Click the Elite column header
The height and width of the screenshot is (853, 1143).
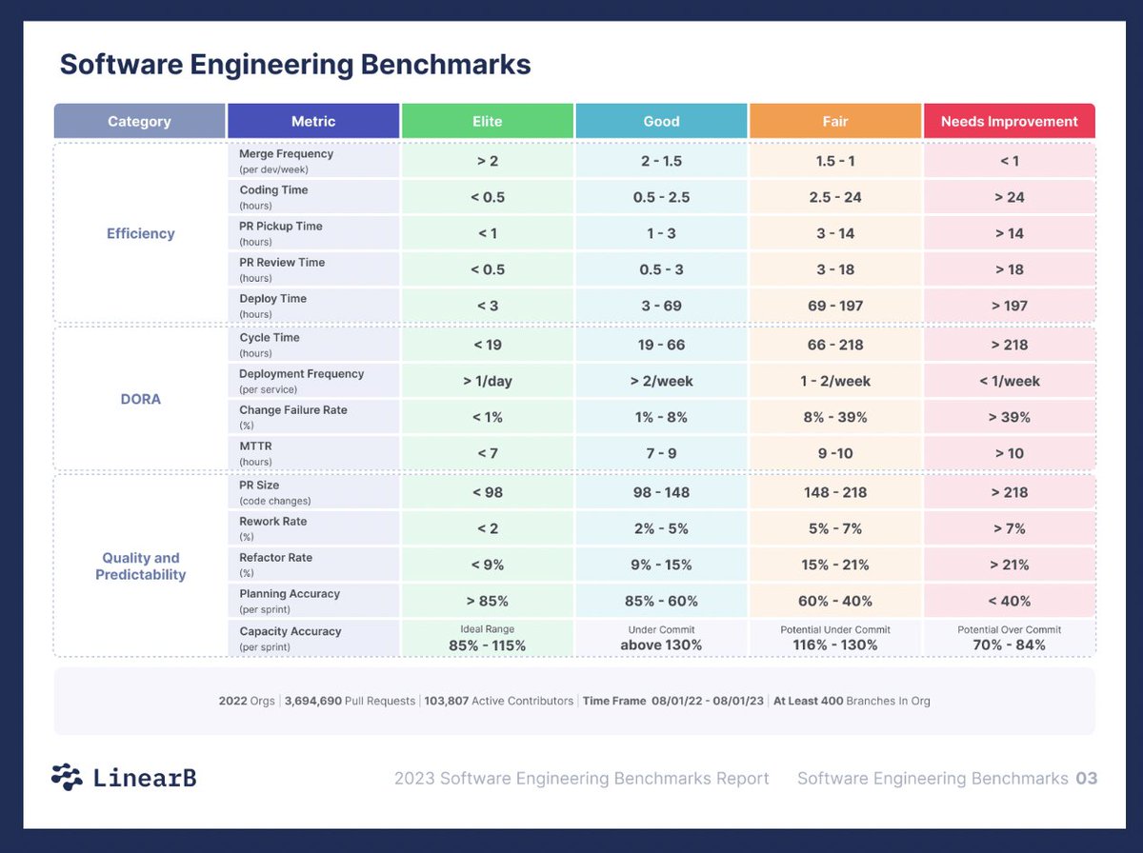pyautogui.click(x=487, y=121)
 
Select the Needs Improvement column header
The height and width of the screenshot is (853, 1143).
pyautogui.click(x=1009, y=121)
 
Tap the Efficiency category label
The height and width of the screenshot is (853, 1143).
pyautogui.click(x=141, y=233)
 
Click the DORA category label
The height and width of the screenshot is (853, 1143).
pyautogui.click(x=141, y=399)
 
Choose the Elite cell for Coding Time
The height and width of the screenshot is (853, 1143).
pyautogui.click(x=488, y=197)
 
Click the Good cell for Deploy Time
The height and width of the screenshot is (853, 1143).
pyautogui.click(x=661, y=306)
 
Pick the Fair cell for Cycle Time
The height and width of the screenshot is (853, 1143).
pyautogui.click(x=835, y=345)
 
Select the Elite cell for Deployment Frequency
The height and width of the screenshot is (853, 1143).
pyautogui.click(x=488, y=381)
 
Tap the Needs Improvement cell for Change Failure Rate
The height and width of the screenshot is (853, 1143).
pyautogui.click(x=1009, y=417)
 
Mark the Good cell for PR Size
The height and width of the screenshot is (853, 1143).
pyautogui.click(x=661, y=492)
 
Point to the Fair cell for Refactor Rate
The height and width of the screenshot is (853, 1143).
pyautogui.click(x=835, y=565)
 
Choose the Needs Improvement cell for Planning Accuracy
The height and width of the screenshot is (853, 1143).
pyautogui.click(x=1009, y=601)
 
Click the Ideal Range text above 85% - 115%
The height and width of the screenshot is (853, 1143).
pyautogui.click(x=488, y=628)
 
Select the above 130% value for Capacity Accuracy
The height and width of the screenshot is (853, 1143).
pyautogui.click(x=661, y=645)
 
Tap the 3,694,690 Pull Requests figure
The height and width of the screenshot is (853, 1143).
pyautogui.click(x=350, y=701)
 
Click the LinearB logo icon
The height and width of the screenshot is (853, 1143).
pyautogui.click(x=68, y=777)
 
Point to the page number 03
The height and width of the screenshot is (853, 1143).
pyautogui.click(x=1087, y=778)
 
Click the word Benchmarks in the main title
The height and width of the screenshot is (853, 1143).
pyautogui.click(x=446, y=65)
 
